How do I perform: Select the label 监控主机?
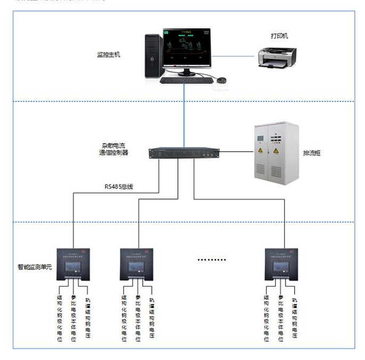(108, 54)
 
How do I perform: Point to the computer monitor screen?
(186, 47)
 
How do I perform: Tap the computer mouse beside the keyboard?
(221, 80)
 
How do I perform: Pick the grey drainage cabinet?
(275, 153)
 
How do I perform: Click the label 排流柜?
(313, 153)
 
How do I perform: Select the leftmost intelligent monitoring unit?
(74, 265)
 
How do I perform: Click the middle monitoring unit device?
(137, 265)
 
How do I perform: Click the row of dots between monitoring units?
(213, 259)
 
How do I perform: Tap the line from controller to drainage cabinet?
(236, 152)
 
